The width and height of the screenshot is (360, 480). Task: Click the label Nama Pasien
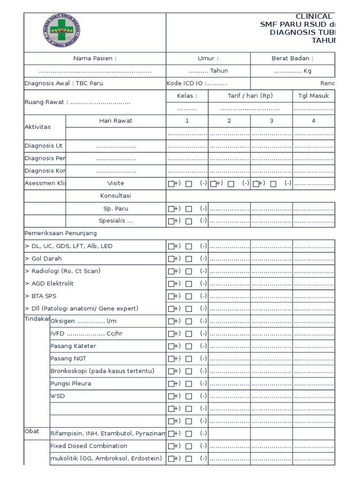point(95,59)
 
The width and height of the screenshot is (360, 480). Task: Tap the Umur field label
point(208,59)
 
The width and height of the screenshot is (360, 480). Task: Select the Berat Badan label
point(292,59)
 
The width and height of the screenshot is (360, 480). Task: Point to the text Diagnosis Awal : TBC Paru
point(64,83)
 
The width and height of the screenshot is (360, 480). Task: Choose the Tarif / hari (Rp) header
point(250,96)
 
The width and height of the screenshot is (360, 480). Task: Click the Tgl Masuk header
point(314,96)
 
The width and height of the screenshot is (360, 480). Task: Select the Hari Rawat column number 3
point(271,121)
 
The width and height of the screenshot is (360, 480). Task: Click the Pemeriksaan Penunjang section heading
point(60,233)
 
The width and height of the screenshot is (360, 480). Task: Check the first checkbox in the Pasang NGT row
point(171,359)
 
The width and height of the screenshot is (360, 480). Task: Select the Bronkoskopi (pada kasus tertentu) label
point(102,371)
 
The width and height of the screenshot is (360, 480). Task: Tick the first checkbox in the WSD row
point(171,396)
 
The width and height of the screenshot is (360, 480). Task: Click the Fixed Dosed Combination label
point(89,446)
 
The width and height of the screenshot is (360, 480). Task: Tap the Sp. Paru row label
point(116,208)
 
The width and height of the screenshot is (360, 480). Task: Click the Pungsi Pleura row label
point(71,383)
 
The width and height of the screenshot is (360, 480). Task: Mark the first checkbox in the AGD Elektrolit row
point(171,284)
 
